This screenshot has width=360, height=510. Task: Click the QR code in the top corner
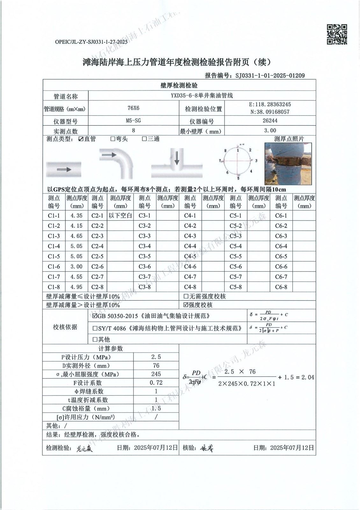click(337, 34)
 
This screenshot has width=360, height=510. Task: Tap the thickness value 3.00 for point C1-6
click(76, 266)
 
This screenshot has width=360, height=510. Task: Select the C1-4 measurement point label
click(54, 246)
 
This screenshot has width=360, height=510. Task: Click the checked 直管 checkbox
click(81, 139)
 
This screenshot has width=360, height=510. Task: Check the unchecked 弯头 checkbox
click(113, 139)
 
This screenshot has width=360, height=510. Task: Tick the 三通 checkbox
click(144, 139)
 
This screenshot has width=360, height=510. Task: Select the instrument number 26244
click(270, 120)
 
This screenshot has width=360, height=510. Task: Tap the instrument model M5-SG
click(133, 120)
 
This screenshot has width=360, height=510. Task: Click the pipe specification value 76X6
click(133, 108)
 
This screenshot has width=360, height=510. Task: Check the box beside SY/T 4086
click(95, 328)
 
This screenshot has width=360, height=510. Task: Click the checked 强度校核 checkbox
click(186, 305)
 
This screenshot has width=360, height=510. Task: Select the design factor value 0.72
click(156, 383)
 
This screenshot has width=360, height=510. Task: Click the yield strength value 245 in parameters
click(156, 374)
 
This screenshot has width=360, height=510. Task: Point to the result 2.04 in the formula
click(308, 377)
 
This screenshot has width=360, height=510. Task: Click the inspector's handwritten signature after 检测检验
click(84, 449)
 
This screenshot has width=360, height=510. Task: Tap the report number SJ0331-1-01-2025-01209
click(270, 76)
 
